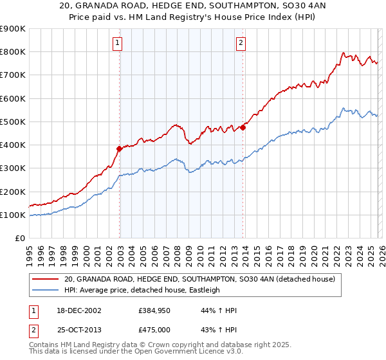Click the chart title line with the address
coord(193,6)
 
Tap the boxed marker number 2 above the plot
coord(241,43)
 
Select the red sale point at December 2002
coord(120,148)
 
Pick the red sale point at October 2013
coord(243,127)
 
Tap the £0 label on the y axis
coord(19,239)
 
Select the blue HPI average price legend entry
coord(142,291)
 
